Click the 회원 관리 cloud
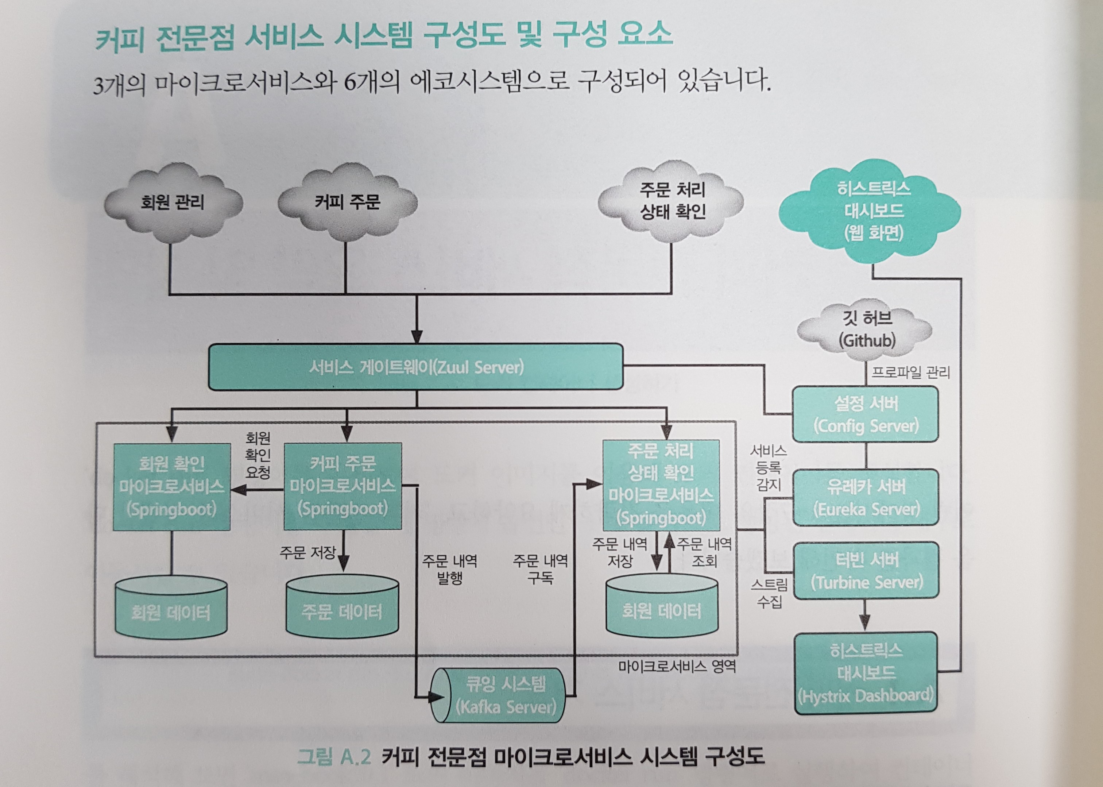tap(173, 202)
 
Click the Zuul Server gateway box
tap(415, 367)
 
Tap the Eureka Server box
tap(866, 498)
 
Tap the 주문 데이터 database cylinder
tap(342, 608)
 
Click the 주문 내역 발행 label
tap(449, 570)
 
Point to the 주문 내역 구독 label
tap(540, 570)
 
